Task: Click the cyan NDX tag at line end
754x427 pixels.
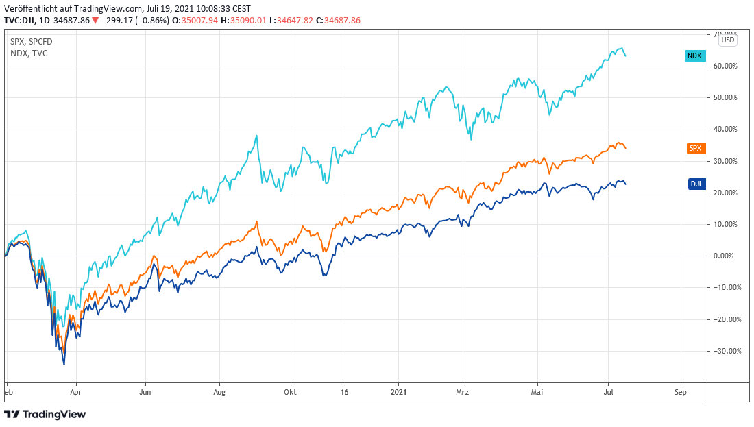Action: click(694, 56)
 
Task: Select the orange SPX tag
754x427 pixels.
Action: click(694, 148)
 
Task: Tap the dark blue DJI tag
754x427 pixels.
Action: click(694, 184)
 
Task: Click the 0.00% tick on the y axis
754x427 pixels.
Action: click(727, 256)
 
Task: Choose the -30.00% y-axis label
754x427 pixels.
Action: click(725, 351)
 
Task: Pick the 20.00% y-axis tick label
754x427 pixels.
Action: click(726, 193)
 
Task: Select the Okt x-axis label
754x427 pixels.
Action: click(290, 393)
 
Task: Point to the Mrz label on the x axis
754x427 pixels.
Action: click(463, 393)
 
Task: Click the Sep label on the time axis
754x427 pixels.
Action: click(680, 393)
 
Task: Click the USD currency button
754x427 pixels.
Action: click(727, 40)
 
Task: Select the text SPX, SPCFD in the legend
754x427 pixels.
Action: click(31, 42)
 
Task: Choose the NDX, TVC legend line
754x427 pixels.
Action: click(29, 53)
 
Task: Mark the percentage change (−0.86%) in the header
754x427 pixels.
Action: click(149, 21)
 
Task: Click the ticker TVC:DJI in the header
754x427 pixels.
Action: click(23, 21)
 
